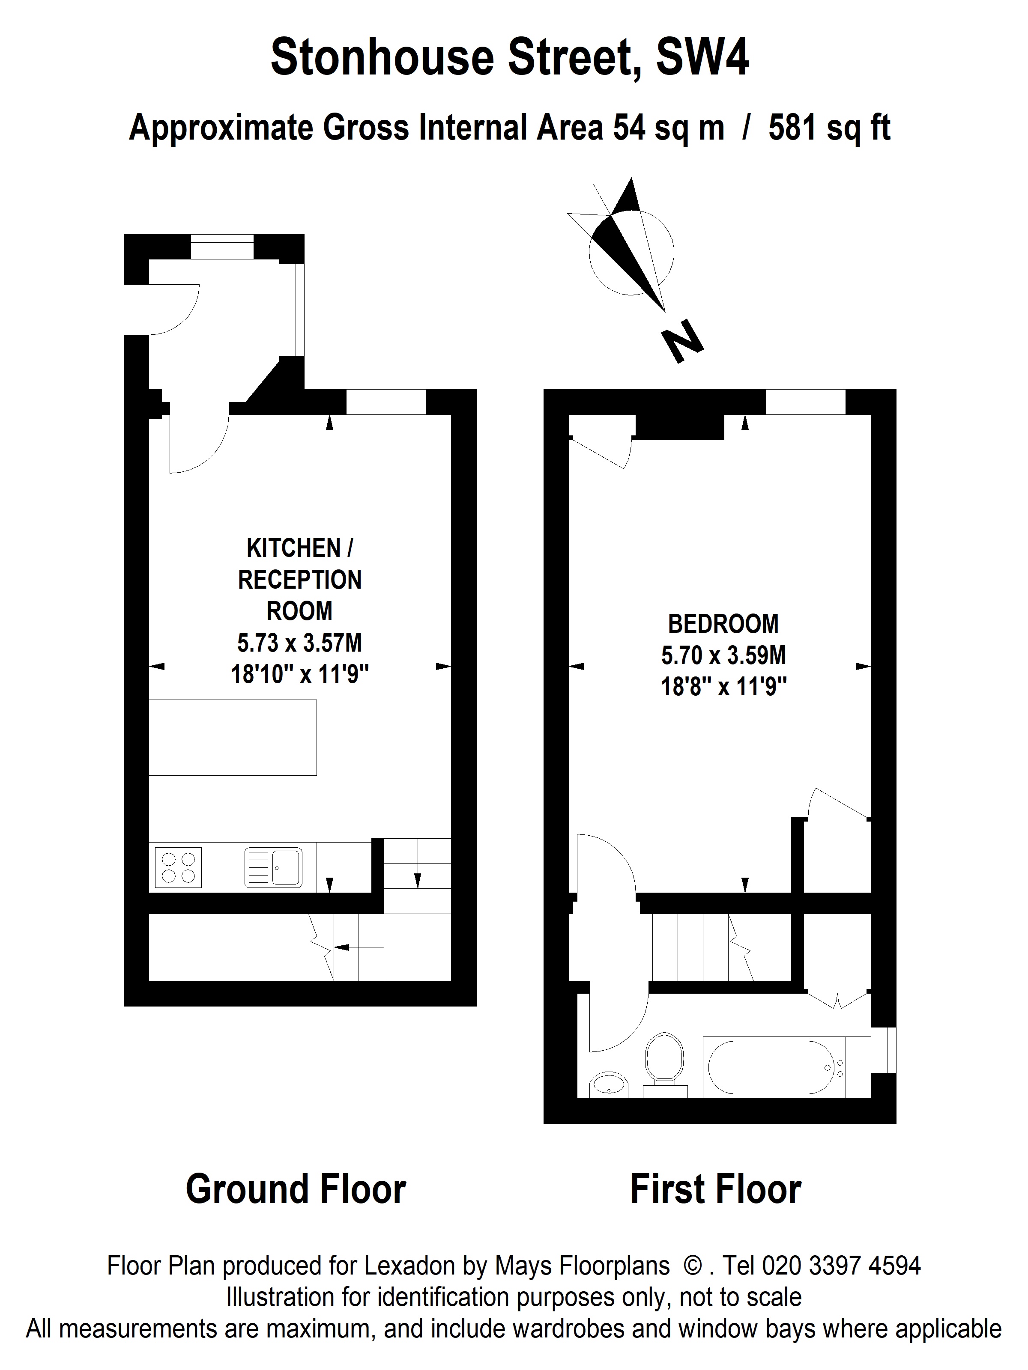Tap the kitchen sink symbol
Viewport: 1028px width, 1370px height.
[273, 867]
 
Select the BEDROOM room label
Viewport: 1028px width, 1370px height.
[723, 624]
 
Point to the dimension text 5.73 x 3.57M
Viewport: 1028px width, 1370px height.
[299, 643]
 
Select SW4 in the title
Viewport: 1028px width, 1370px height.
[702, 57]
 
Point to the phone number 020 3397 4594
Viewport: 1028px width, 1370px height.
[841, 1266]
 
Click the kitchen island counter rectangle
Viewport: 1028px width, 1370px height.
[233, 737]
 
